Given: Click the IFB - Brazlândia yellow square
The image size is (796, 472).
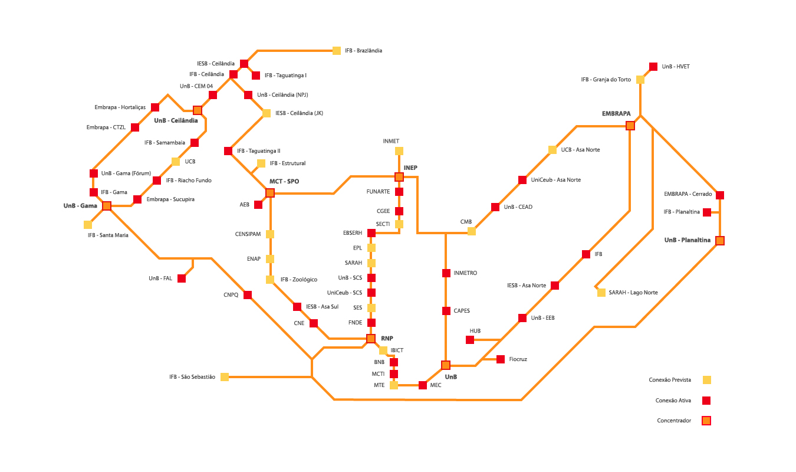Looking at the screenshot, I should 337,51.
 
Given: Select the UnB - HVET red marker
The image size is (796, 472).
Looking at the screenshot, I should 653,67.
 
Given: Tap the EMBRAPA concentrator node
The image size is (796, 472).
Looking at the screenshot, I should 630,126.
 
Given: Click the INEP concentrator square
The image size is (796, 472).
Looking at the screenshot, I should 399,177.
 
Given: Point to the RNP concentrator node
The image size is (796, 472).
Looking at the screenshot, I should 371,339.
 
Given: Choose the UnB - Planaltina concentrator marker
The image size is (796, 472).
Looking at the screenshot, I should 720,241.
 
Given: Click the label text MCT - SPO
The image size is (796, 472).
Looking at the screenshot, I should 284,181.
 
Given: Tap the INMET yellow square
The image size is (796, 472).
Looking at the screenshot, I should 399,151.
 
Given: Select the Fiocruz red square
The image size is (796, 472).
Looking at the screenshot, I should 501,359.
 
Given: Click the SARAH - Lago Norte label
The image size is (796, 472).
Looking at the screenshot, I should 633,293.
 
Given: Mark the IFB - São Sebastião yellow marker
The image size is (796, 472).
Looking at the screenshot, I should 225,376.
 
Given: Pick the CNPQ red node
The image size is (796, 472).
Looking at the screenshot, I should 248,295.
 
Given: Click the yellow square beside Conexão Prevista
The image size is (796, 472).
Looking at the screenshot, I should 706,380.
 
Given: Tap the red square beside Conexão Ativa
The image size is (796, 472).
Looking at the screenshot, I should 706,401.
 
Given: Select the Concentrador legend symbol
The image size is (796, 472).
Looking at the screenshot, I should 706,421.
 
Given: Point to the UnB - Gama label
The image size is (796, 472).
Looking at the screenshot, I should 80,206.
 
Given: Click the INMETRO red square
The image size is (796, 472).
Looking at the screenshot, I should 446,273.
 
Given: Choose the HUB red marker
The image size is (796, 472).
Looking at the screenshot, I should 470,340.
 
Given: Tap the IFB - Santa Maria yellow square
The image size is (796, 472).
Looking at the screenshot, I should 88,225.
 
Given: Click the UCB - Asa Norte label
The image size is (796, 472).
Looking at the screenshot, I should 580,150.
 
